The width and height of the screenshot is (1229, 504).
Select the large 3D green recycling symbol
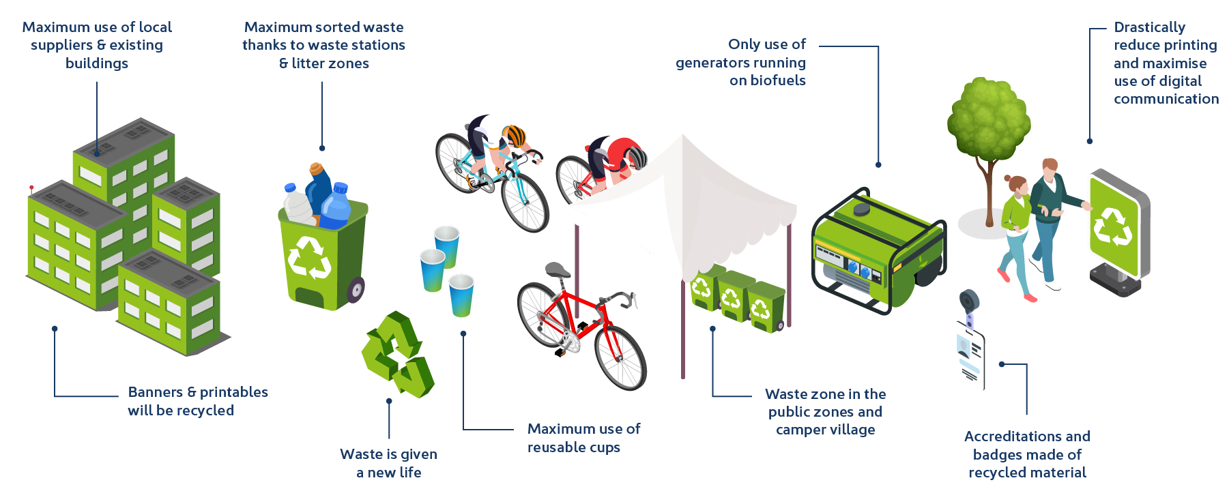pyautogui.click(x=397, y=355)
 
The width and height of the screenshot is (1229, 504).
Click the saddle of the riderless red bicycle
pyautogui.click(x=557, y=270)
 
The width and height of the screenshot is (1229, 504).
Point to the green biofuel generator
pyautogui.click(x=879, y=250)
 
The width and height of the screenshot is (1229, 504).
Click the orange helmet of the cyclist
pyautogui.click(x=514, y=136)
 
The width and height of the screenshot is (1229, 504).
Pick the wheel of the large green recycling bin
pyautogui.click(x=356, y=290)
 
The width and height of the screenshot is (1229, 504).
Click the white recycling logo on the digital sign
pyautogui.click(x=1112, y=227)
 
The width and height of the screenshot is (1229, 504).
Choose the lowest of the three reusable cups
pyautogui.click(x=461, y=295)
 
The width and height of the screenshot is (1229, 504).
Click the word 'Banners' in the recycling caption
pyautogui.click(x=156, y=392)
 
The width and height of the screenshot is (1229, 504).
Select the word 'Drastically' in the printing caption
pyautogui.click(x=1150, y=27)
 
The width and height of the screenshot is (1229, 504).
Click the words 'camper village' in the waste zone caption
pyautogui.click(x=826, y=430)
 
